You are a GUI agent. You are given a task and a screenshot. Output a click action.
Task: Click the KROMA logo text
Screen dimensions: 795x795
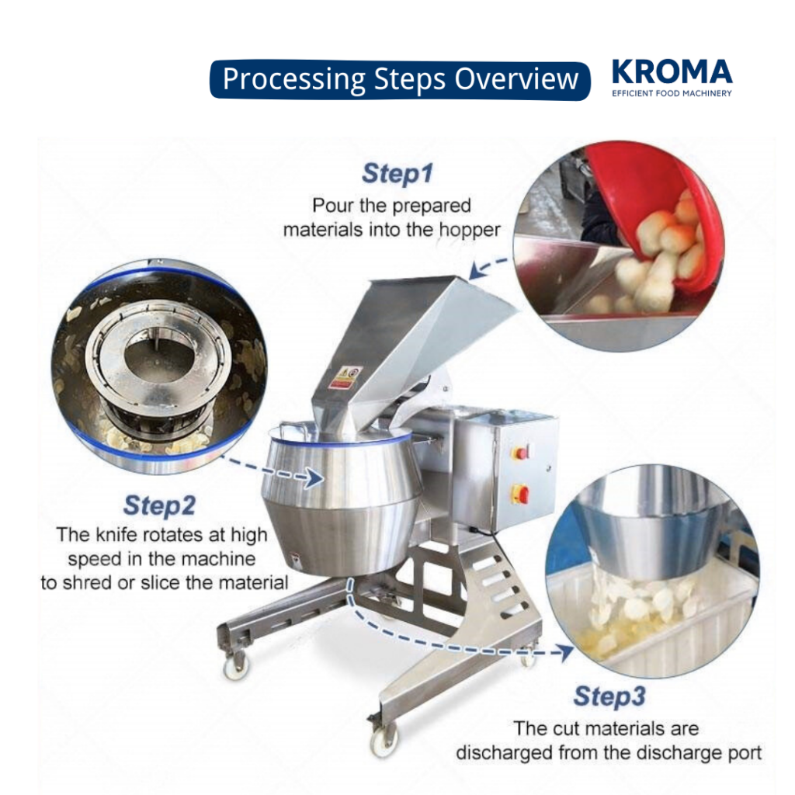click(672, 72)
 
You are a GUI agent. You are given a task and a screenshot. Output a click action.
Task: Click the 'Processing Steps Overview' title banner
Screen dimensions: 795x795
click(400, 79)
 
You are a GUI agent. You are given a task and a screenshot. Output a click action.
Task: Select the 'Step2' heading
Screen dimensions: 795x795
click(159, 505)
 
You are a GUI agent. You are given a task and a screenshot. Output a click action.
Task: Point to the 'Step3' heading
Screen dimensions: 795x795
click(609, 696)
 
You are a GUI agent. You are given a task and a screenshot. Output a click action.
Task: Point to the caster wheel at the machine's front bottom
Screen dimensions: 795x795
click(384, 743)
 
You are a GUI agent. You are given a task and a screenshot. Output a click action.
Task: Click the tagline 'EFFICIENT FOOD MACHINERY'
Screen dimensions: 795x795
click(672, 92)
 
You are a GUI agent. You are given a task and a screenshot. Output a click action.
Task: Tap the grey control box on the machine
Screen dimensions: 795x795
click(505, 470)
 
